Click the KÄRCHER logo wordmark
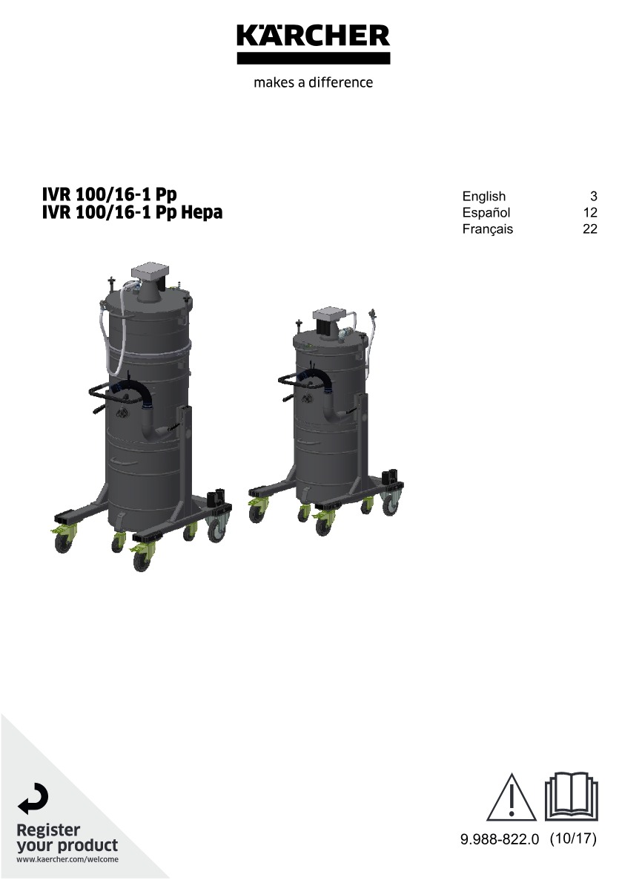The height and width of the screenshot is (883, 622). pos(314,36)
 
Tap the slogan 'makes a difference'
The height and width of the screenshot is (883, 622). pos(314,82)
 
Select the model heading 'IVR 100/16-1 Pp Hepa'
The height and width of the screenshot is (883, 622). pos(132,212)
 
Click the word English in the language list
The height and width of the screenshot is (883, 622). pos(483,197)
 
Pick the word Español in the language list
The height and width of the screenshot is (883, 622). pos(486,213)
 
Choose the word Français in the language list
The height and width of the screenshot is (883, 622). pos(488,229)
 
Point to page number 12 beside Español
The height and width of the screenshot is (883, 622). pos(590,213)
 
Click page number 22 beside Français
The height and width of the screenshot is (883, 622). pos(590,229)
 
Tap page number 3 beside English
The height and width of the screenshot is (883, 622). pos(593,197)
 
